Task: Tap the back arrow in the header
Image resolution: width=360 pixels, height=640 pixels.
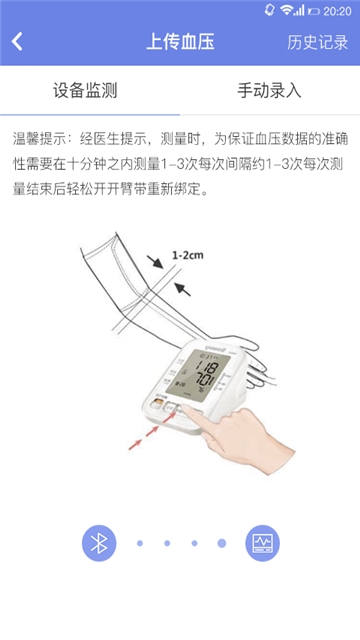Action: [18, 42]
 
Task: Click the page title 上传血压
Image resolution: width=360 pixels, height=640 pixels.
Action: [180, 42]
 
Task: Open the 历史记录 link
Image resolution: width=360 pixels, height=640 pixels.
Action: [317, 42]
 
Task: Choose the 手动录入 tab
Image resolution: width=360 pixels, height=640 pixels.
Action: [269, 91]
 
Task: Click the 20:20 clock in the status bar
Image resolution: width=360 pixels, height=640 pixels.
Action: [337, 9]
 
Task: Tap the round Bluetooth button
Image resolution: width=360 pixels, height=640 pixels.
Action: [99, 542]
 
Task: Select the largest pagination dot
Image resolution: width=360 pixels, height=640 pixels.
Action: [222, 543]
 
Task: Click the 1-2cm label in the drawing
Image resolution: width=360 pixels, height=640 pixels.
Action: [187, 255]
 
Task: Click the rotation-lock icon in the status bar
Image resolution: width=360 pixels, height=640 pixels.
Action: [270, 9]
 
